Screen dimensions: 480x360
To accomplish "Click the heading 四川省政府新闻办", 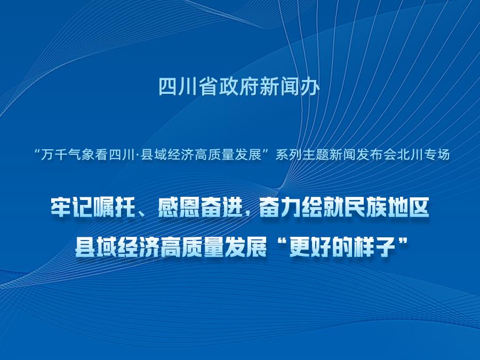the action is pos(239,87).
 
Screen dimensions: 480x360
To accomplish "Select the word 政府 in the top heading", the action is pos(239,87).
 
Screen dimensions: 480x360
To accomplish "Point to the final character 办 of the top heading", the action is pos(310,87).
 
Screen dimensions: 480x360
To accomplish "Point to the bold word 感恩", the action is pos(179,208).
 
